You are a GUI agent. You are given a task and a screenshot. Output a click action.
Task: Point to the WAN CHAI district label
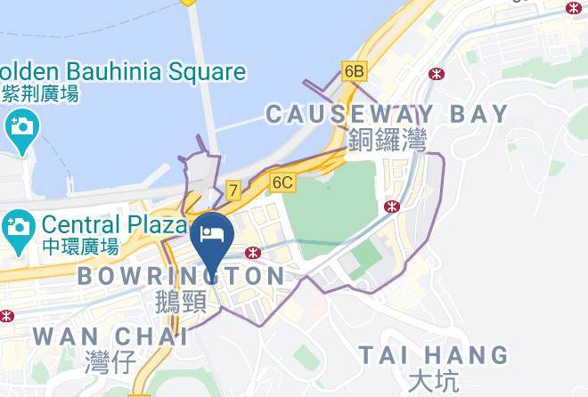(x=110, y=336)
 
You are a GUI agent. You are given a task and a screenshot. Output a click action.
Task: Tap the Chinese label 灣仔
(x=110, y=361)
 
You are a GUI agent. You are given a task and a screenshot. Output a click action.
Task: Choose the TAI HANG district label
(x=433, y=355)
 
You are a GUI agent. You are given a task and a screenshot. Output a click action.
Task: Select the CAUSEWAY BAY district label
(x=387, y=114)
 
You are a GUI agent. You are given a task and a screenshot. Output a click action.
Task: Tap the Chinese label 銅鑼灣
(x=388, y=140)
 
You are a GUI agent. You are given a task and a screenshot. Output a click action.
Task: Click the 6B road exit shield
(x=354, y=70)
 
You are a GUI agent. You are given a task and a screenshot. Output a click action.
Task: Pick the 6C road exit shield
(x=282, y=182)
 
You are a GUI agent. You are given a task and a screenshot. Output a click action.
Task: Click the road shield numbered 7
(x=233, y=190)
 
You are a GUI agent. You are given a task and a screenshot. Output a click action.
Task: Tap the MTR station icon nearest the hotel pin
(x=254, y=252)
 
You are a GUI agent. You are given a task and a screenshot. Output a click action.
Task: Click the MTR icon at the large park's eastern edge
(x=391, y=207)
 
